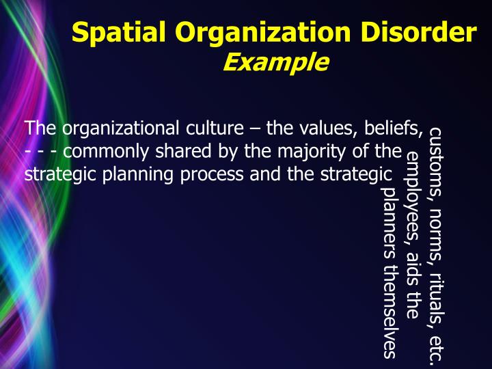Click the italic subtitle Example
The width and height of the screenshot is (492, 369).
click(x=275, y=63)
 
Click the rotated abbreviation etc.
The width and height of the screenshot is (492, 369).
click(x=435, y=347)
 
